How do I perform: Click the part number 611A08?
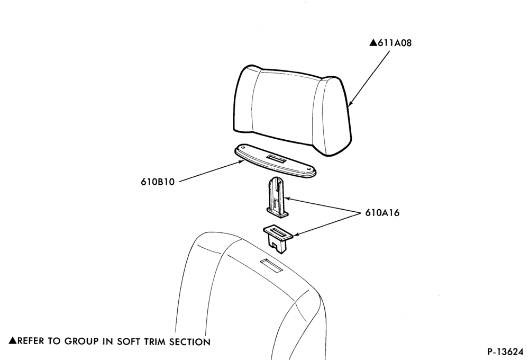(x=395, y=43)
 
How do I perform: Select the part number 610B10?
(x=158, y=182)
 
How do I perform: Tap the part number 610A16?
(x=382, y=213)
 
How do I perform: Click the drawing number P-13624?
(x=505, y=352)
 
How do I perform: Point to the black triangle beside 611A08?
(x=373, y=42)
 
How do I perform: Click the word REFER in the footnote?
(x=31, y=341)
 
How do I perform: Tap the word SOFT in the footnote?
(x=128, y=341)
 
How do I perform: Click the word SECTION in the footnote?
(x=189, y=342)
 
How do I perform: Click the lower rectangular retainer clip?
(x=278, y=238)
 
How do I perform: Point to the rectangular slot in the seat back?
(x=271, y=266)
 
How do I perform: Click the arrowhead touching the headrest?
(x=350, y=103)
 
